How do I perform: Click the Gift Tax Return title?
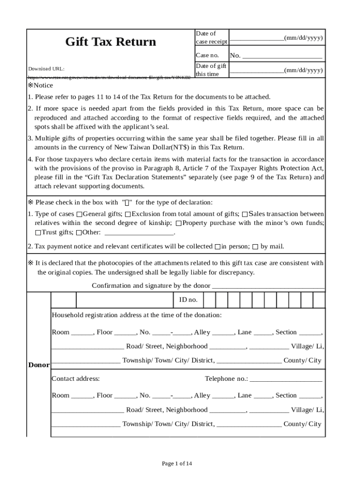click(110, 42)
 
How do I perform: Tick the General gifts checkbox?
click(79, 214)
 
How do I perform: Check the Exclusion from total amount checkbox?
click(128, 214)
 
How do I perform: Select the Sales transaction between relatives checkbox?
click(245, 214)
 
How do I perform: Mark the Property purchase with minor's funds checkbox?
click(178, 223)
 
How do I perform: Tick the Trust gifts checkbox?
click(38, 232)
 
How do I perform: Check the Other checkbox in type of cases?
click(79, 232)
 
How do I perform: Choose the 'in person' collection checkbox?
click(217, 247)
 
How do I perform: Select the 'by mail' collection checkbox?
click(255, 247)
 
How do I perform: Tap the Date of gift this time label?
click(211, 70)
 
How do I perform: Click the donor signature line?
click(268, 286)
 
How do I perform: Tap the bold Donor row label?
click(38, 365)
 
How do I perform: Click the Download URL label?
click(46, 69)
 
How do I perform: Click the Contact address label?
click(75, 379)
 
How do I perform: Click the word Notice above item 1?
click(43, 86)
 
